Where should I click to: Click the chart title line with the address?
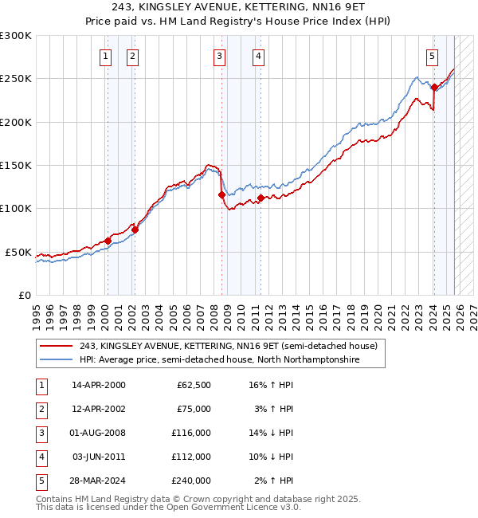[239, 7]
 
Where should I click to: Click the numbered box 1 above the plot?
[106, 56]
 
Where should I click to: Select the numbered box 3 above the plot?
[219, 56]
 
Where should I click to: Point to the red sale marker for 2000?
[108, 241]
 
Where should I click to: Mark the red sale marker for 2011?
[261, 198]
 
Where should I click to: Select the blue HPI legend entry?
[219, 360]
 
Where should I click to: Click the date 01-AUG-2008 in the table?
[99, 432]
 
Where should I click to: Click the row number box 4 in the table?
[39, 457]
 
